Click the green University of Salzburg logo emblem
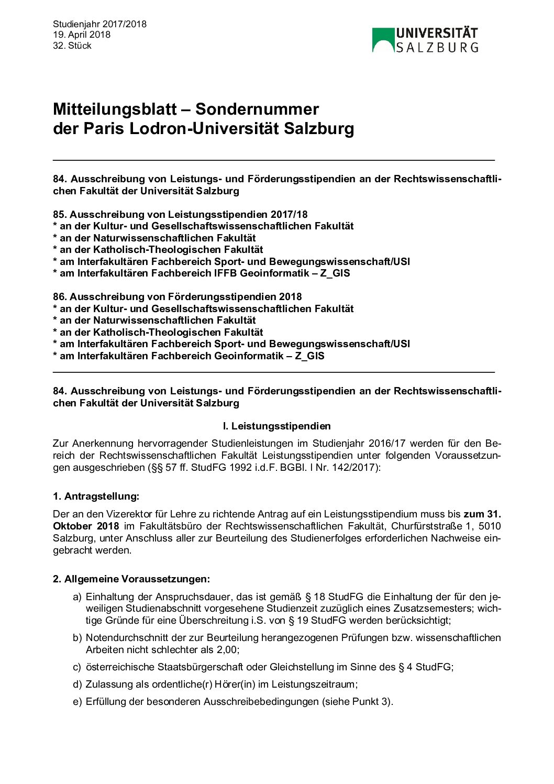pyautogui.click(x=383, y=40)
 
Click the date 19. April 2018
pyautogui.click(x=82, y=35)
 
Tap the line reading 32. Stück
pyautogui.click(x=72, y=46)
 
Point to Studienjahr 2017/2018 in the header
pyautogui.click(x=99, y=24)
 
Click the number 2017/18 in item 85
pyautogui.click(x=289, y=214)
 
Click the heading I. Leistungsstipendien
pyautogui.click(x=277, y=426)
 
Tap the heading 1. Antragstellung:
pyautogui.click(x=96, y=496)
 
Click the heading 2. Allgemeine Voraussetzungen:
pyautogui.click(x=131, y=579)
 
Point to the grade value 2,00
pyautogui.click(x=227, y=649)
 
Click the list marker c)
pyautogui.click(x=77, y=667)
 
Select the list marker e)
pyautogui.click(x=77, y=701)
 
